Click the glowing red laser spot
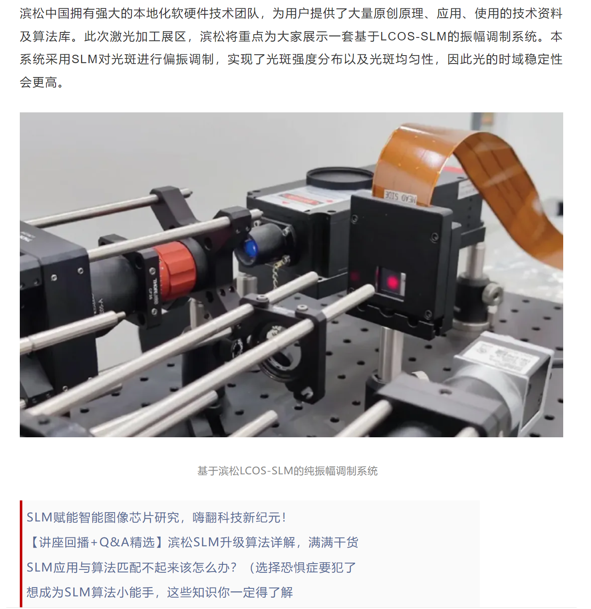tap(393, 282)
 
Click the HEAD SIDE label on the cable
tap(400, 197)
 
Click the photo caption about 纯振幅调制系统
tap(287, 471)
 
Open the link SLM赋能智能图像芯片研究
tap(156, 517)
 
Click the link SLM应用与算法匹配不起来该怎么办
tap(191, 567)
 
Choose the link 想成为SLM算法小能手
tap(160, 592)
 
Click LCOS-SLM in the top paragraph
tap(413, 37)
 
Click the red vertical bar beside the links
tap(21, 553)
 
